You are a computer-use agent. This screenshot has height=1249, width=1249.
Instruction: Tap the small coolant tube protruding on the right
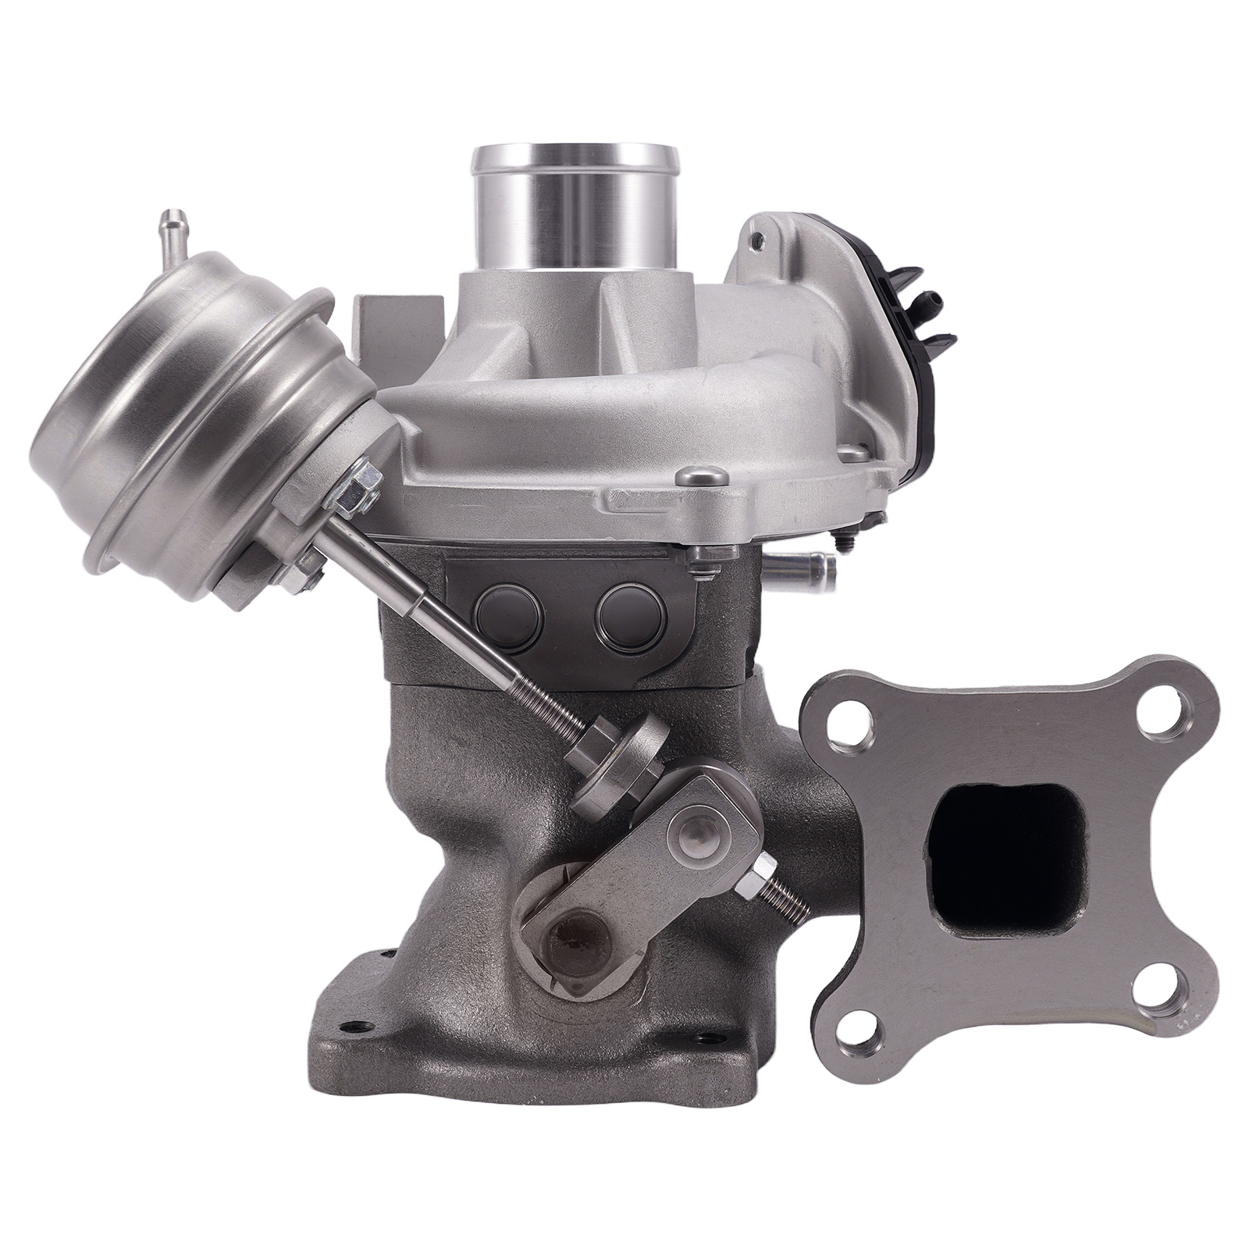[x=804, y=561]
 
